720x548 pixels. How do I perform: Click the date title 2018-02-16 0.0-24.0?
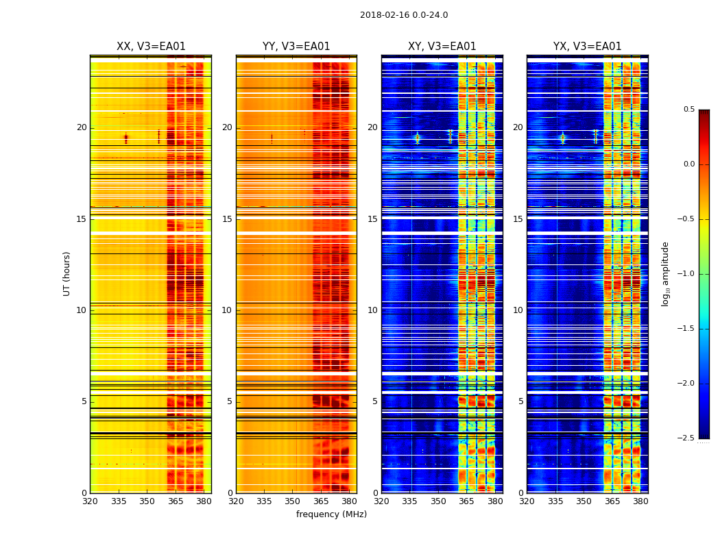click(404, 15)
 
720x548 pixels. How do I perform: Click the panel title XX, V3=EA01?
click(151, 47)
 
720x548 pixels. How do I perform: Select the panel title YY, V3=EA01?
click(296, 47)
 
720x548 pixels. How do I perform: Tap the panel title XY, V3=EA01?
click(442, 47)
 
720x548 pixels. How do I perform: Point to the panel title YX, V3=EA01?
click(587, 47)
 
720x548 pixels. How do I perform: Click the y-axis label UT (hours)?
click(67, 273)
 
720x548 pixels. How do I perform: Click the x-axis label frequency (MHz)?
click(331, 514)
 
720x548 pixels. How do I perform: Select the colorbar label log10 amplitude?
click(664, 273)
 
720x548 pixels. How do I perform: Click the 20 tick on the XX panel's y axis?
click(82, 127)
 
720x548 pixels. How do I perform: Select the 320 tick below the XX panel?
click(90, 501)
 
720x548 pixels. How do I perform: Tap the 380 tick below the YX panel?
click(640, 501)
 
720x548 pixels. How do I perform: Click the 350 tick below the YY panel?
click(293, 501)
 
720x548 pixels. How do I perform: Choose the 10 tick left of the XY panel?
click(372, 310)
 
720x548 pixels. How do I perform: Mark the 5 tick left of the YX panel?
click(520, 401)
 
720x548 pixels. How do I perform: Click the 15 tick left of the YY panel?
click(227, 219)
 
